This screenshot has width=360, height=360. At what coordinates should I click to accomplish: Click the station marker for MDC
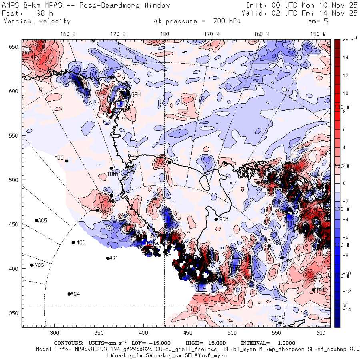(67, 161)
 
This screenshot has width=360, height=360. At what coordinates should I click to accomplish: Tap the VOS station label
(39, 265)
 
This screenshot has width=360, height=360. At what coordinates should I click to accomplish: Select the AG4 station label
(75, 294)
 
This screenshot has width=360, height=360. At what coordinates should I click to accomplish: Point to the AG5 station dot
(36, 220)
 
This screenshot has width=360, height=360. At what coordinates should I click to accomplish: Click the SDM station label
(224, 219)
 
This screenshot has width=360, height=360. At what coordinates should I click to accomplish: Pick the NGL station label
(177, 160)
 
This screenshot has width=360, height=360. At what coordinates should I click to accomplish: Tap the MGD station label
(81, 243)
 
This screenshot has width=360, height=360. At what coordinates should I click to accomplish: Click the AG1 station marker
(108, 258)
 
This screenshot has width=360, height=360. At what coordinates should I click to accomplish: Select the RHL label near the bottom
(280, 317)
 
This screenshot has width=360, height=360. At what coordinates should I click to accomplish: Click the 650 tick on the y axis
(15, 47)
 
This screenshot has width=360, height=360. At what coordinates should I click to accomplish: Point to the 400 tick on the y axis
(15, 268)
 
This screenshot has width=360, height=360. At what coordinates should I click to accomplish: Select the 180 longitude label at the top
(164, 34)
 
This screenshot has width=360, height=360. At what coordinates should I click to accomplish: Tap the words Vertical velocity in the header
(37, 21)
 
